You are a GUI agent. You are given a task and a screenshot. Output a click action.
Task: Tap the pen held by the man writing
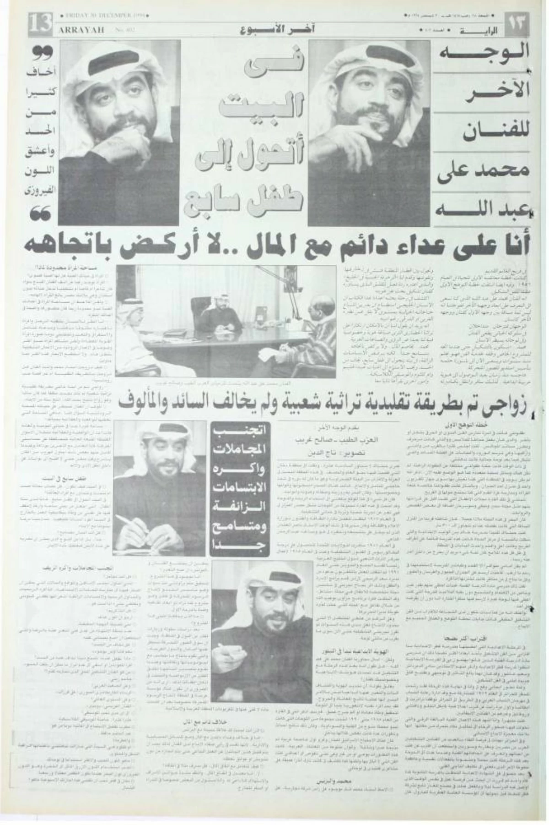[125, 520]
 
